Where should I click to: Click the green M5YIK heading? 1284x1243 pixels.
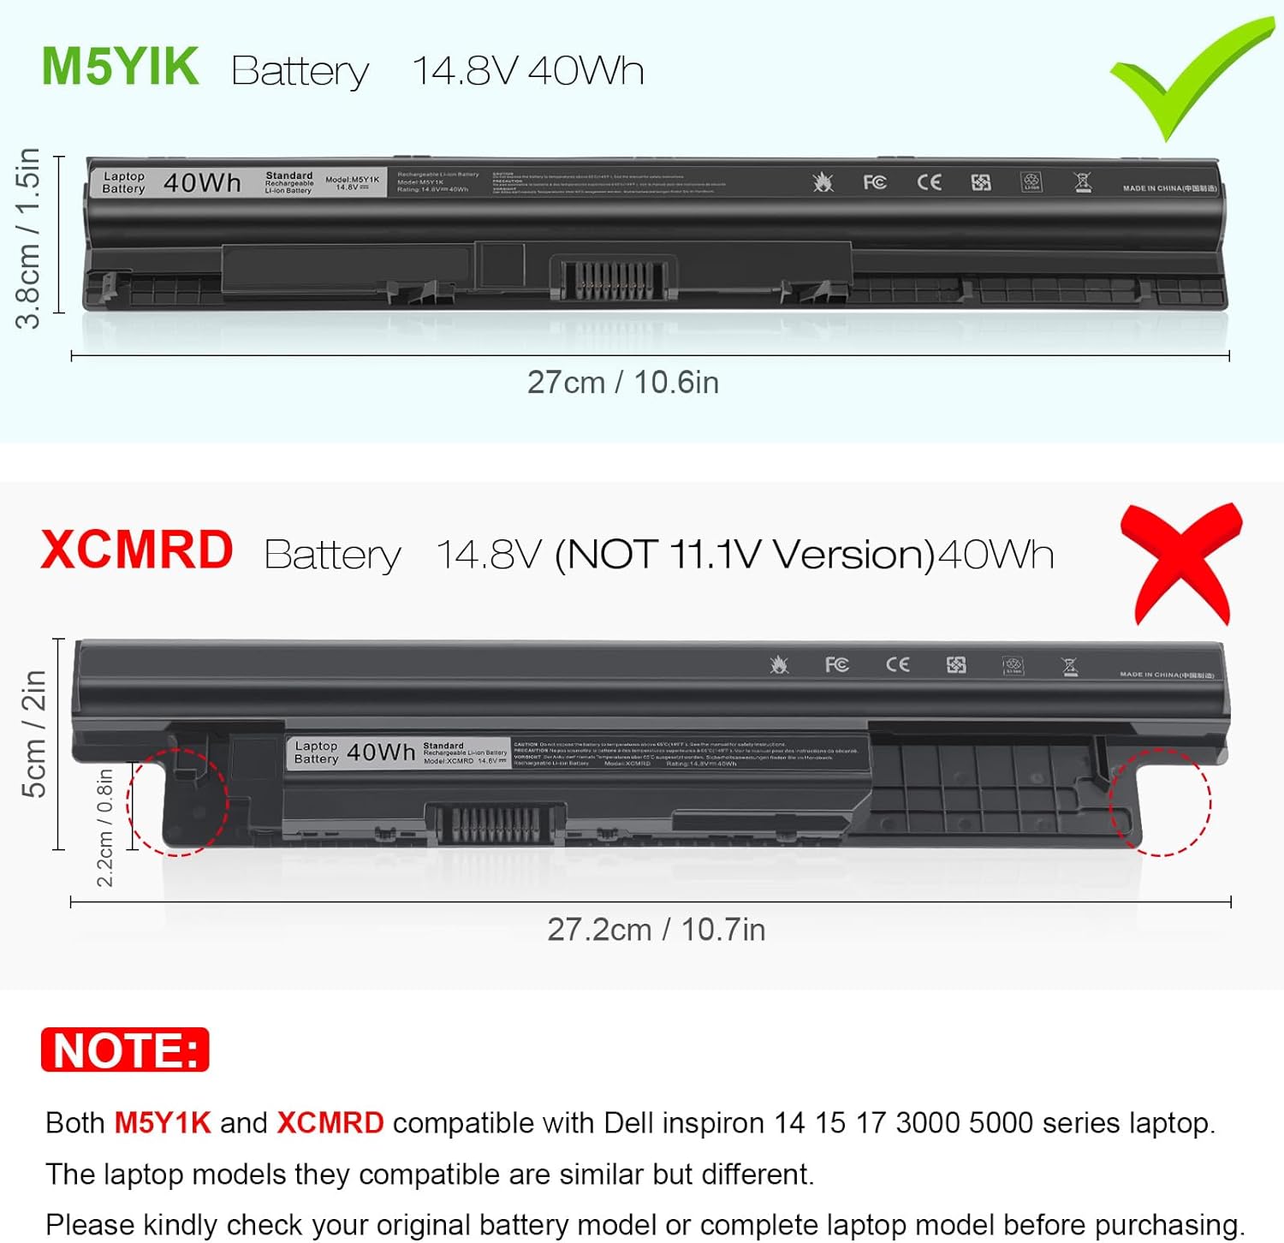121,67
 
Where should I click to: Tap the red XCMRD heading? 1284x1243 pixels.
137,550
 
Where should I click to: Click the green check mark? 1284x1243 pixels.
1191,77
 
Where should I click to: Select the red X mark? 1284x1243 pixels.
1181,564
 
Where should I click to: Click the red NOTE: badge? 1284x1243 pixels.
125,1050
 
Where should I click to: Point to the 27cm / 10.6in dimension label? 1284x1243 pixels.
622,382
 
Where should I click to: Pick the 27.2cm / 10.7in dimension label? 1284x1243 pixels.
656,929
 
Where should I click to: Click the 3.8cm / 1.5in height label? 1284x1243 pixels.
28,238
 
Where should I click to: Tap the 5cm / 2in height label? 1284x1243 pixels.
33,734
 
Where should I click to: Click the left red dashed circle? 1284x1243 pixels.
178,802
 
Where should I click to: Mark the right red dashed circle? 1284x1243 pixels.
1160,802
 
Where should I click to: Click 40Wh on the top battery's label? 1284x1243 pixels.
202,182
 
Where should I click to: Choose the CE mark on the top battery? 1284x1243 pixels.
929,182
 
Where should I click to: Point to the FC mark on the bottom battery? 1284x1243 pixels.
836,665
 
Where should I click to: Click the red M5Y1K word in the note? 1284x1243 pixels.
163,1122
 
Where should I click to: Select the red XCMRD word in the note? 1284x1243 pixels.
330,1122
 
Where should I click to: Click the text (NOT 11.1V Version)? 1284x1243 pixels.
745,555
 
